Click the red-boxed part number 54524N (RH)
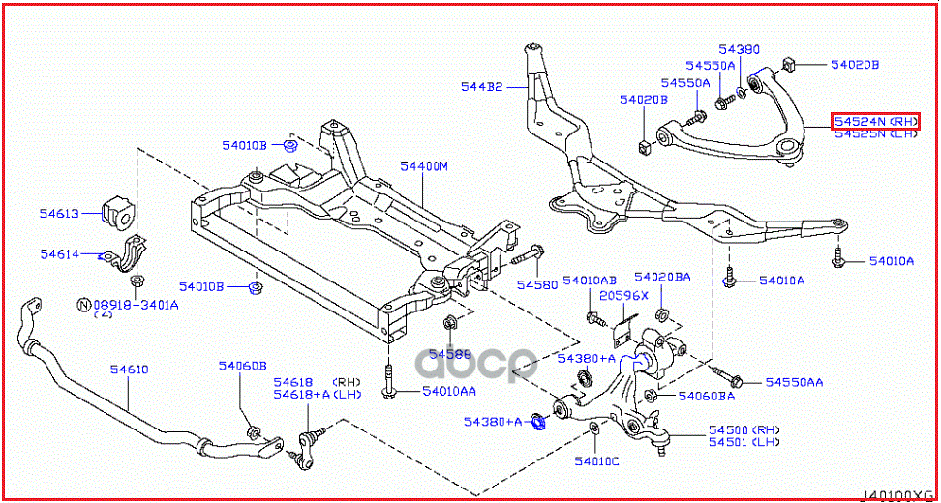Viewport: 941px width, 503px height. (875, 121)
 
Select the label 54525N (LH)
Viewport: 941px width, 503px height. (875, 134)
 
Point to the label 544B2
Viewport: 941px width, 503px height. (481, 87)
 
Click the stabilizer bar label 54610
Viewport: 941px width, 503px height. (129, 370)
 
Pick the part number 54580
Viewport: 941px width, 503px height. (536, 285)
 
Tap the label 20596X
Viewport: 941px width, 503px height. (622, 296)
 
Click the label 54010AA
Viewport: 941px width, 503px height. (448, 391)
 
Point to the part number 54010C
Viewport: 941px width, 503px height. (595, 460)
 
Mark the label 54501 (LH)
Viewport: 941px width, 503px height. (744, 442)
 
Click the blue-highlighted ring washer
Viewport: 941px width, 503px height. (541, 422)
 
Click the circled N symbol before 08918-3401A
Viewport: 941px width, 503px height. (84, 304)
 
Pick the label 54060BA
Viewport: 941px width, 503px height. (706, 396)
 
